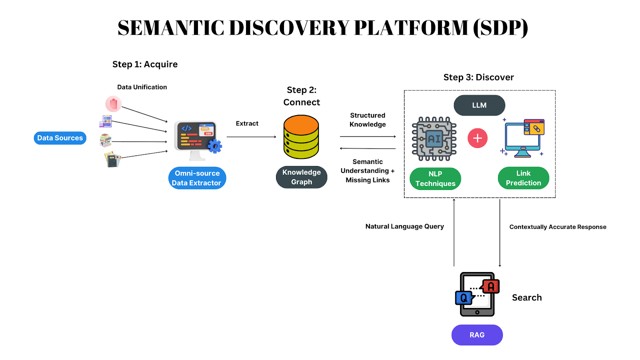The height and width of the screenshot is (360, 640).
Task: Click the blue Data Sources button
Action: (x=60, y=138)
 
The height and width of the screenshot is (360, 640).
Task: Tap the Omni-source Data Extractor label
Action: (x=197, y=178)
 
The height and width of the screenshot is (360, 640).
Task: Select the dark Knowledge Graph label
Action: (x=302, y=177)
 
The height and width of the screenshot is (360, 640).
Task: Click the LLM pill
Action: (x=479, y=105)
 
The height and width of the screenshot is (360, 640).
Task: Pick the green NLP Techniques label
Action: (x=435, y=178)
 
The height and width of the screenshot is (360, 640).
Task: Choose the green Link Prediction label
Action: (x=524, y=178)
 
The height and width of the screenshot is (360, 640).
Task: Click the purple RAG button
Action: (x=477, y=335)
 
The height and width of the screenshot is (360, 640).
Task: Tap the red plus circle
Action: (x=478, y=138)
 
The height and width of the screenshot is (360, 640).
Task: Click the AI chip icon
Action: (x=434, y=139)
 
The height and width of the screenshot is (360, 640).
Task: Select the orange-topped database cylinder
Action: (x=301, y=137)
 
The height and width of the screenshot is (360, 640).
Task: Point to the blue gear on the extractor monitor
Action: (x=214, y=146)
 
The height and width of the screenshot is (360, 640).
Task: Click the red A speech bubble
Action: (x=490, y=286)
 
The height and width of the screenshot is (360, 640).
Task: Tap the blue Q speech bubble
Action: (x=464, y=298)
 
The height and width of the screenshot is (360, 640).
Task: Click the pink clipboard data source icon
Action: (x=114, y=104)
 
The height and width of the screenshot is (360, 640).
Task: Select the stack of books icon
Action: (x=106, y=140)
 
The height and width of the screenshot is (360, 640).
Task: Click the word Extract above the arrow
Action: (x=247, y=124)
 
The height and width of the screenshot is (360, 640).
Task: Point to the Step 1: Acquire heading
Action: (x=145, y=64)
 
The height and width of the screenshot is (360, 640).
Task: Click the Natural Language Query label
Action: (x=404, y=226)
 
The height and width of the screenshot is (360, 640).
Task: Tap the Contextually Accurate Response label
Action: (x=558, y=227)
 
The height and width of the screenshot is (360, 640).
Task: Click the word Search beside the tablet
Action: (x=527, y=298)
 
